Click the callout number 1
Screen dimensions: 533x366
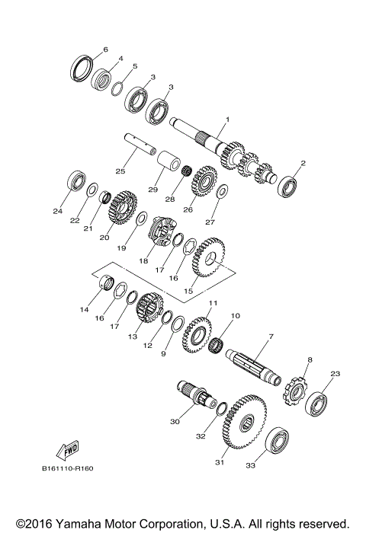[x=226, y=120]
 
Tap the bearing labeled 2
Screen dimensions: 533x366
[x=288, y=185]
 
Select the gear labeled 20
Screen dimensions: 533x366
[x=119, y=212]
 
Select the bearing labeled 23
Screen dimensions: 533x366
[x=316, y=401]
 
